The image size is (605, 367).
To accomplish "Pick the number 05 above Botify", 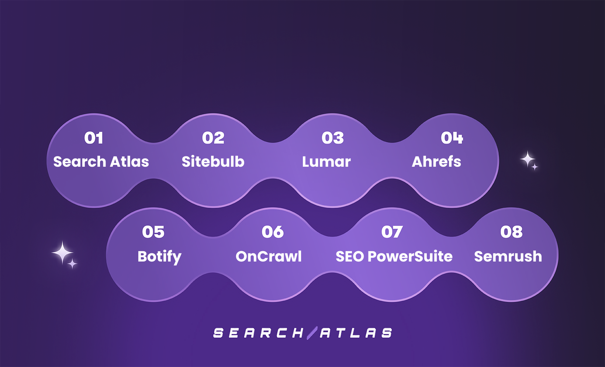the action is (153, 232).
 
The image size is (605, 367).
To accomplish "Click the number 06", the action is (273, 232).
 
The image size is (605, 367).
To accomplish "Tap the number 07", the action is (392, 232).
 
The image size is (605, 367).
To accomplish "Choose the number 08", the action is (511, 232).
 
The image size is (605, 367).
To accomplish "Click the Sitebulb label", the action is (213, 162).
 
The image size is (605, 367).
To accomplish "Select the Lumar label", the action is (326, 162).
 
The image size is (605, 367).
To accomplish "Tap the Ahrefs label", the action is (436, 162).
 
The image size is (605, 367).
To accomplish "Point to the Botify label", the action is (159, 257).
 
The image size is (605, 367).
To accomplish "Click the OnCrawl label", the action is (269, 256).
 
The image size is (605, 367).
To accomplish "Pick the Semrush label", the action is (508, 256).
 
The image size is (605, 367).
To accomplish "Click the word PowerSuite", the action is (410, 256).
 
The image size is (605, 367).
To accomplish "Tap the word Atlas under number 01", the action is (129, 162).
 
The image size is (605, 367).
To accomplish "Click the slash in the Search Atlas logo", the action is (312, 333).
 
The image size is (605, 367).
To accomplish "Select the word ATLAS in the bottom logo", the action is (356, 333).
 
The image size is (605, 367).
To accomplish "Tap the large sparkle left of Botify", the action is (62, 253).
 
